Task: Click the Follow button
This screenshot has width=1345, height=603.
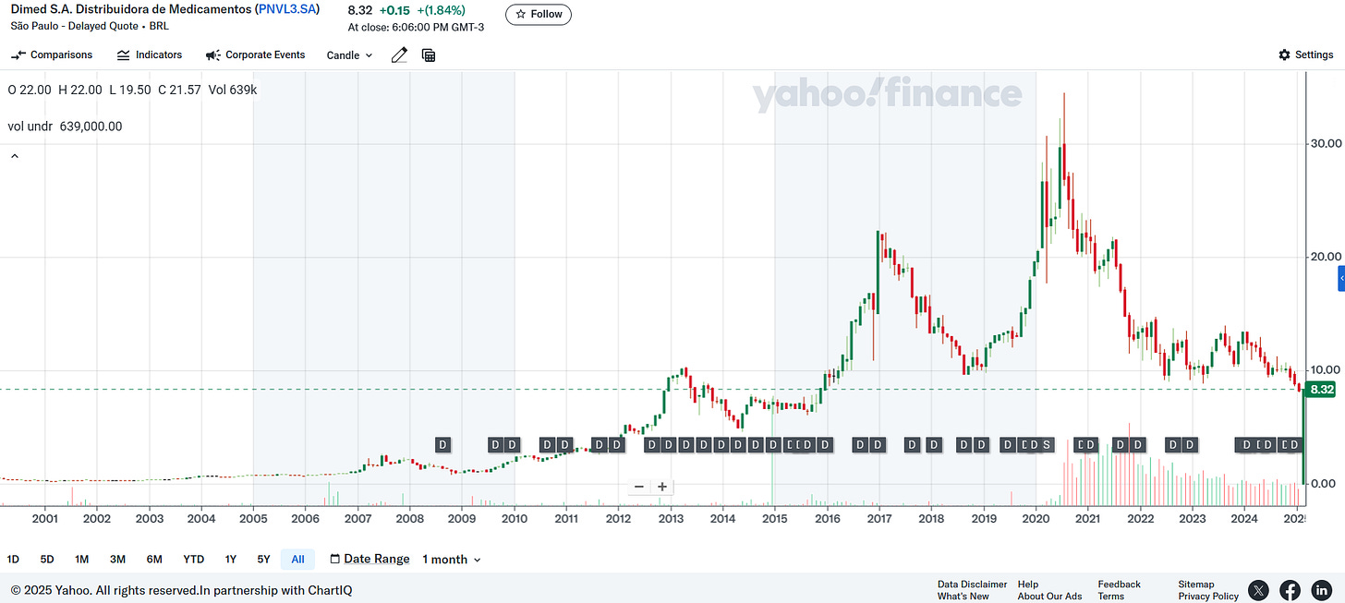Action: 538,15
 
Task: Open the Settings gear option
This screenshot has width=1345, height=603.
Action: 1305,55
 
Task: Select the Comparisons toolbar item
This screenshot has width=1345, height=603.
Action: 52,55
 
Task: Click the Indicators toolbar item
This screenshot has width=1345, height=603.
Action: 150,55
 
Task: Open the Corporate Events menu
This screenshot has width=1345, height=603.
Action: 255,55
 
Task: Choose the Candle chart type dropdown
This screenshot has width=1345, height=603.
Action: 349,55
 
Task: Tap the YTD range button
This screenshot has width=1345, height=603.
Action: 193,560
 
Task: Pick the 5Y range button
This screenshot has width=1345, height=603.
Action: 264,560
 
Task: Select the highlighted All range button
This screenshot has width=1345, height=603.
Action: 297,560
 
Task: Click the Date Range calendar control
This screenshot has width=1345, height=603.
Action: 370,560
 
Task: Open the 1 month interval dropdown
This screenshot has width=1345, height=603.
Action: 452,560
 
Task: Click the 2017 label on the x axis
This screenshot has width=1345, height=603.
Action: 878,519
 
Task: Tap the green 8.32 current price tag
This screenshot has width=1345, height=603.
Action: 1322,390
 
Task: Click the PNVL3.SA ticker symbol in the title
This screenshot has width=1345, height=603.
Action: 288,9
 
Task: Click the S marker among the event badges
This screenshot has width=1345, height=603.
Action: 1047,445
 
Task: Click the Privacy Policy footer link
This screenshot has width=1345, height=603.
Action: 1207,597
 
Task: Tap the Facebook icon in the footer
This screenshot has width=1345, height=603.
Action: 1290,590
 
